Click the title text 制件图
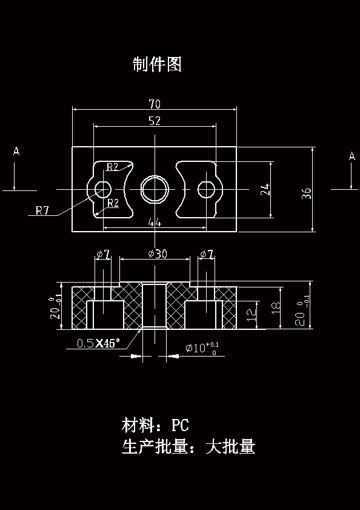tap(157, 64)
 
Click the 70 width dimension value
tap(155, 104)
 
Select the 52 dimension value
tap(155, 121)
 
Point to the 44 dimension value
tap(155, 223)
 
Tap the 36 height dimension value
tap(307, 193)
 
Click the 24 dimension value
tap(265, 189)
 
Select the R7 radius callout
tap(42, 211)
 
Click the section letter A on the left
tap(16, 152)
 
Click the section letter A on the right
tap(352, 156)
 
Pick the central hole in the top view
tap(155, 189)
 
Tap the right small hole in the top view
tap(206, 190)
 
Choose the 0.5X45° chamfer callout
tap(99, 343)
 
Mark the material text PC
tap(181, 424)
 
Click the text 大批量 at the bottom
tap(230, 448)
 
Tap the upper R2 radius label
tap(113, 167)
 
